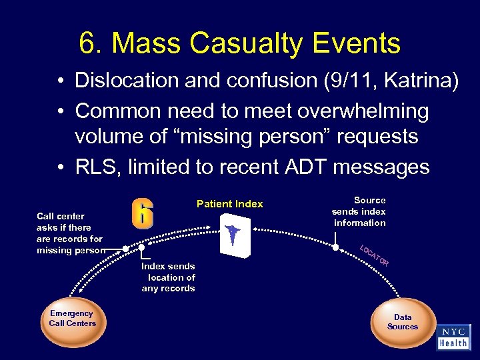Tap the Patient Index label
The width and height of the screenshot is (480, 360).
pos(229,204)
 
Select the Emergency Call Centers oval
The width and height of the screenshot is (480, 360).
pos(72,319)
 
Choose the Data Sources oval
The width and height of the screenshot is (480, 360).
pos(403,322)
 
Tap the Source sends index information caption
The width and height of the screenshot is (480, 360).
pos(359,211)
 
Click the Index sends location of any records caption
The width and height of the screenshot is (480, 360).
pos(168,277)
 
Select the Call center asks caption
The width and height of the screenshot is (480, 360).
pos(70,233)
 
